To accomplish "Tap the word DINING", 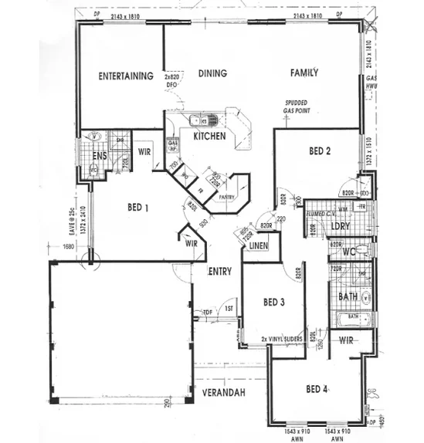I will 212,74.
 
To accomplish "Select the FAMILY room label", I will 304,73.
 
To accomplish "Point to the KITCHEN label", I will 209,136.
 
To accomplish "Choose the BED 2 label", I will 320,151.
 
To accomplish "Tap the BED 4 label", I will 317,388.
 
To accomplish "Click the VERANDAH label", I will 225,393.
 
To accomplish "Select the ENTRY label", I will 220,271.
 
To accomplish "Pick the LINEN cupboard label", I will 258,245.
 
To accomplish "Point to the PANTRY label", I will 226,198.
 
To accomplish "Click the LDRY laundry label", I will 340,226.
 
